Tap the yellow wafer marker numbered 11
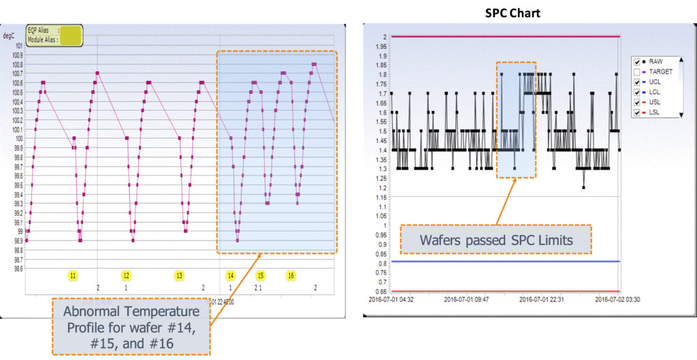click(73, 275)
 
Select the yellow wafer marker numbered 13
click(179, 275)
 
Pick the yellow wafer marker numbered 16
click(291, 275)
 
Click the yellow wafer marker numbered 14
click(231, 275)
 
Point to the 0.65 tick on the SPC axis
click(380, 290)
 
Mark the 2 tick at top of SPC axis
click(385, 36)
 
